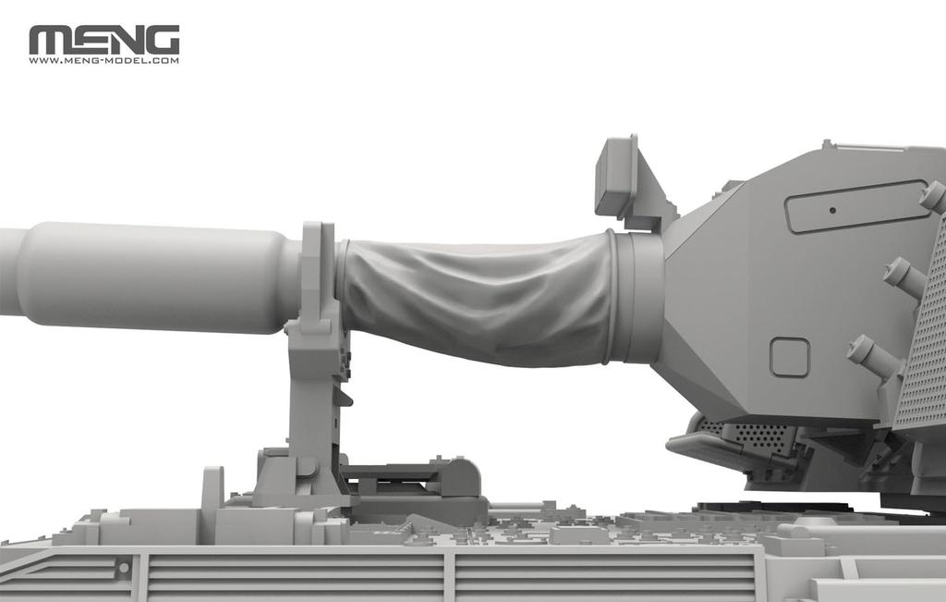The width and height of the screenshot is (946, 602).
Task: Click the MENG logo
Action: (x=103, y=40)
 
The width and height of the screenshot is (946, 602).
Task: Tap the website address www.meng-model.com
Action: (x=103, y=61)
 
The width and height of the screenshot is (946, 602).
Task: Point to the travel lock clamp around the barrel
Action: (x=317, y=277)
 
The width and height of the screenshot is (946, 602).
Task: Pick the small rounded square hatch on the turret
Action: (x=790, y=357)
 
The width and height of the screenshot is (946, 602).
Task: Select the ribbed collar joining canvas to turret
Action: (x=636, y=296)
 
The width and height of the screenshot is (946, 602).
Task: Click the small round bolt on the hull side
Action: (x=121, y=563)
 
